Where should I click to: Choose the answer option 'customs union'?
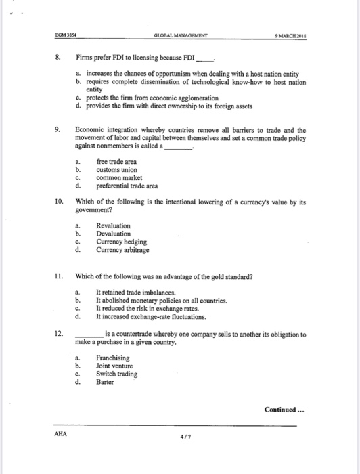118,169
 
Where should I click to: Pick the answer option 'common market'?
120,177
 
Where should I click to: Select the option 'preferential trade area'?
127,186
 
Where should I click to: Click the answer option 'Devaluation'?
113,234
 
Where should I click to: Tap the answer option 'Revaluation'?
113,225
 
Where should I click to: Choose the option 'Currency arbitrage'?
122,250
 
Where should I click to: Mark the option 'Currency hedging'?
121,242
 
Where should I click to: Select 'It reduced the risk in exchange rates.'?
146,308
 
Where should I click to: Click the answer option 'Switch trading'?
116,374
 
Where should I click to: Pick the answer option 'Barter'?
106,382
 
